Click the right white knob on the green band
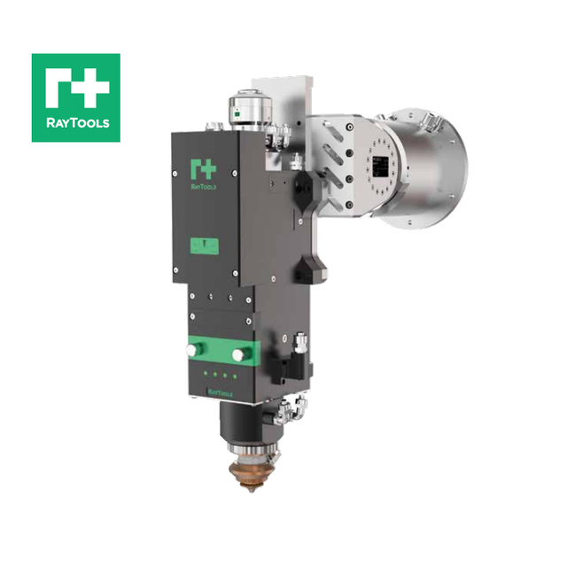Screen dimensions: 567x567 (x=237, y=354)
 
